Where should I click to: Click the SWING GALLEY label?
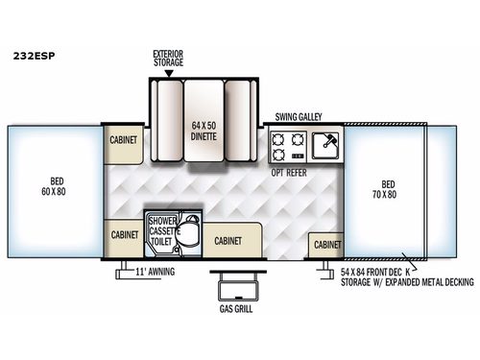click(x=299, y=117)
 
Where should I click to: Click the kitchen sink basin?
click(x=324, y=146)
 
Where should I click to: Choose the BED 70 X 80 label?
click(x=388, y=187)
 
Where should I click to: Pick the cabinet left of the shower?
click(x=125, y=234)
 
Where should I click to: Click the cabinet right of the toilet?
click(x=227, y=241)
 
